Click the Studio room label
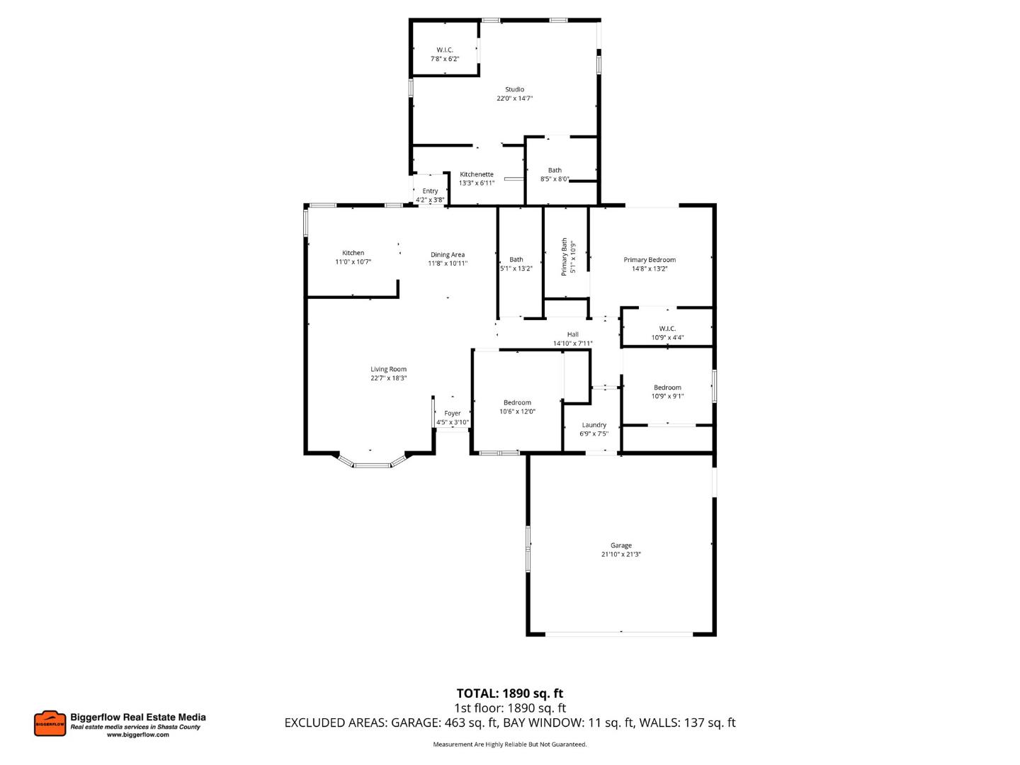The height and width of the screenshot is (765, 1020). (514, 89)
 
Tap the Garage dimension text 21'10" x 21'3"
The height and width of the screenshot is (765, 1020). (620, 555)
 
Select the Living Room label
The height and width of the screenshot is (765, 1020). (388, 369)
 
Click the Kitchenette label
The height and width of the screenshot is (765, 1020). (476, 174)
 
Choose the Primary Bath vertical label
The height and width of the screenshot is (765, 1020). (565, 256)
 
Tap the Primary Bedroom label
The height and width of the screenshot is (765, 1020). (650, 260)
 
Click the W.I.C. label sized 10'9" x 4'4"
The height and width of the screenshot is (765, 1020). (667, 329)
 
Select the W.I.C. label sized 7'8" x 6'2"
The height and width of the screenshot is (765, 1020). (445, 50)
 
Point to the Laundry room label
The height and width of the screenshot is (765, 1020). (594, 425)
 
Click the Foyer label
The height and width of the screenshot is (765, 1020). (452, 413)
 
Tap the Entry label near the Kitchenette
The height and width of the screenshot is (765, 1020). (430, 191)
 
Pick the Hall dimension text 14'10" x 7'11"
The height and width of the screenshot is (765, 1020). (572, 344)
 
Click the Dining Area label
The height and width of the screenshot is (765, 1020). (448, 255)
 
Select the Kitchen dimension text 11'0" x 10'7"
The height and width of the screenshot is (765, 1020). (353, 262)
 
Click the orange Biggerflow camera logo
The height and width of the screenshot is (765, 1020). (50, 723)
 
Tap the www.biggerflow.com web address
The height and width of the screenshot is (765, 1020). (138, 735)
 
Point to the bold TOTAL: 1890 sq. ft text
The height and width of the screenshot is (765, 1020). (509, 693)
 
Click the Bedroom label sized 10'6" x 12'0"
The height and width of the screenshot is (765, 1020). (517, 402)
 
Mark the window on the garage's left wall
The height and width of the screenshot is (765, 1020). (528, 548)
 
